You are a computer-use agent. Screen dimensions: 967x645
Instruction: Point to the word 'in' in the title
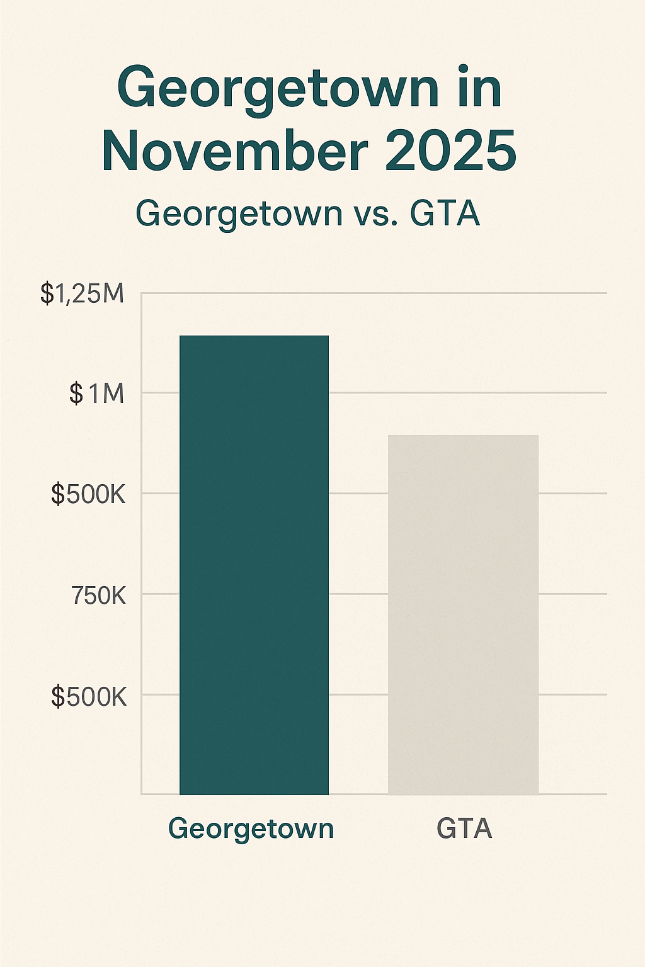tap(479, 88)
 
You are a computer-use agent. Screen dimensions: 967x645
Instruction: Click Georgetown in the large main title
tap(278, 89)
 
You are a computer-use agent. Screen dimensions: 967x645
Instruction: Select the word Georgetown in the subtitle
tap(239, 214)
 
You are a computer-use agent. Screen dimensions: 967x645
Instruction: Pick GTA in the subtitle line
tap(445, 214)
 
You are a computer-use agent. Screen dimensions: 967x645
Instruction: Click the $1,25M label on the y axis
tap(83, 293)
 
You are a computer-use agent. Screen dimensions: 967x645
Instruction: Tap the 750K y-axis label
tap(99, 595)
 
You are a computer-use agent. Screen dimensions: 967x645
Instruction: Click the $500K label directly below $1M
tap(89, 495)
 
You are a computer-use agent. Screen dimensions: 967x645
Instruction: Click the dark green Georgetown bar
tap(254, 567)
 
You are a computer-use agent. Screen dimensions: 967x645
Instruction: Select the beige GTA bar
tap(463, 617)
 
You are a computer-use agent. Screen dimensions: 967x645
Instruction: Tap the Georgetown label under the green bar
tap(251, 828)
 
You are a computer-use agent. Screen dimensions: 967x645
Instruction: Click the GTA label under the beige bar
tap(464, 828)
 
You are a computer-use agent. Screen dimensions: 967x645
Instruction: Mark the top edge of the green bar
tap(254, 336)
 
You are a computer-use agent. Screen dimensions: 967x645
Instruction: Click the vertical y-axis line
tap(141, 541)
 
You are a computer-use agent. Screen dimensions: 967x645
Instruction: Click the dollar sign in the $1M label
tap(76, 393)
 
